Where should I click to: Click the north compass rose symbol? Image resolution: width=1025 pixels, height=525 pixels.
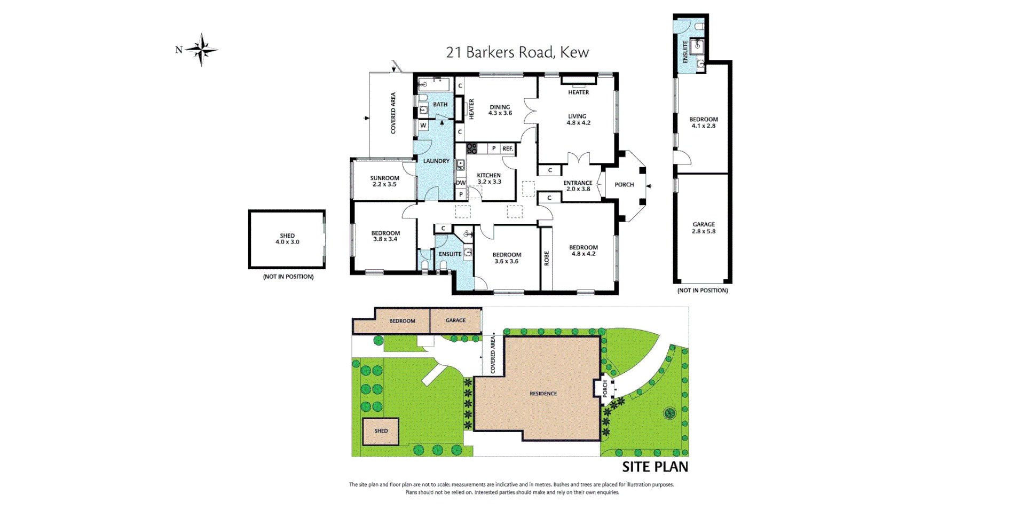(x=201, y=50)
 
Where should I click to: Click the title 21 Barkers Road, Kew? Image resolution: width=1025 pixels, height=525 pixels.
(x=517, y=52)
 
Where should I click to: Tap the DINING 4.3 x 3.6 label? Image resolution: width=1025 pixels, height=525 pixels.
(x=500, y=110)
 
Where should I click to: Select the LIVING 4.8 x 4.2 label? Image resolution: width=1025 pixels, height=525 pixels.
(x=578, y=120)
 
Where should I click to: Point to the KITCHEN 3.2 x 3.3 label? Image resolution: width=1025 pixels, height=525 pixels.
(x=489, y=178)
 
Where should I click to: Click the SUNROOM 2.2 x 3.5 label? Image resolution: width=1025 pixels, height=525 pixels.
(x=384, y=181)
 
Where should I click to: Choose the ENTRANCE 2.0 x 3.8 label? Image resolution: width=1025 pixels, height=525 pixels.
(x=578, y=186)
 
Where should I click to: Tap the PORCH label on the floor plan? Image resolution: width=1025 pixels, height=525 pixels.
(x=624, y=185)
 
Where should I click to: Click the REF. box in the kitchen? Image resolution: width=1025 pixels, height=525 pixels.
(x=507, y=148)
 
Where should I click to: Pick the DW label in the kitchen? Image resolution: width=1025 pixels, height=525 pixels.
(x=460, y=183)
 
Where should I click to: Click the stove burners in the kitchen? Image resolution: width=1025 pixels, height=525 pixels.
(x=471, y=148)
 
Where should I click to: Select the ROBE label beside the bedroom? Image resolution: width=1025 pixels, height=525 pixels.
(x=546, y=258)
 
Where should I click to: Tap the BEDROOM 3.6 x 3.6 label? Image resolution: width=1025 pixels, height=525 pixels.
(x=507, y=258)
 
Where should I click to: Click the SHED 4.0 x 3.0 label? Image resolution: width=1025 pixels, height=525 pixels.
(x=287, y=239)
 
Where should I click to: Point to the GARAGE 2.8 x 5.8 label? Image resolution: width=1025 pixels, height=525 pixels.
(x=703, y=228)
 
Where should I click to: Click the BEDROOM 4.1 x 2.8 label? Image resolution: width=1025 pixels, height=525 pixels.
(x=703, y=123)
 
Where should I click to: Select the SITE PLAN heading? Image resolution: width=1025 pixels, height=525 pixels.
(x=655, y=467)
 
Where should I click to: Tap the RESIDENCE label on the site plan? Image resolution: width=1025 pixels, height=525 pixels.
(x=543, y=394)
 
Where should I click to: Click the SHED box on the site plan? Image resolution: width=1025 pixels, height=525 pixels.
(x=381, y=431)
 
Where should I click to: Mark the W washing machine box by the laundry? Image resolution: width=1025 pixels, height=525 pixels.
(x=423, y=126)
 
